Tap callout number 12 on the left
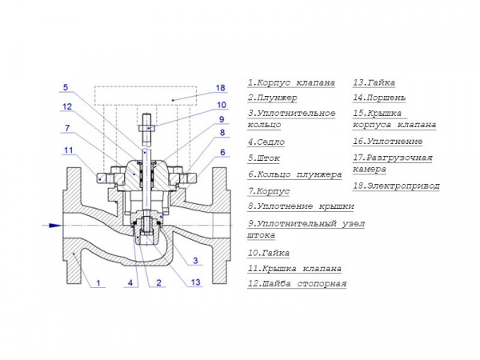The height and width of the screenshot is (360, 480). coord(68,106)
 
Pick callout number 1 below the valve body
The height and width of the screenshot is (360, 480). coord(98,282)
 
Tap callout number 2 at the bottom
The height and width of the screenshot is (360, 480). coord(158,282)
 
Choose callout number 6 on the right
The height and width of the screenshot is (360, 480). coord(222,152)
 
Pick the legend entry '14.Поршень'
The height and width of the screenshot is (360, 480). coord(379,98)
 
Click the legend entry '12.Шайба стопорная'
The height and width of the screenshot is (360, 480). coord(297,284)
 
